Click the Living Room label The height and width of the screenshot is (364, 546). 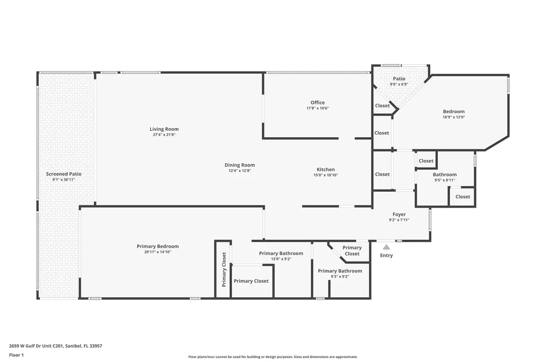click(164, 129)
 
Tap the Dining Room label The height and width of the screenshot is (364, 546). click(239, 165)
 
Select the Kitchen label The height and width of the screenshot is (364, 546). click(326, 170)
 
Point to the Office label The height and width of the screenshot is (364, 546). click(317, 102)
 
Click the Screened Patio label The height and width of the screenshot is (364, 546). click(63, 174)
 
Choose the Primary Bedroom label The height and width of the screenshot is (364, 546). click(157, 247)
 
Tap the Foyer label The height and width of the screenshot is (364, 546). click(399, 215)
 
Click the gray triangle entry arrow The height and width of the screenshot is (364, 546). click(386, 247)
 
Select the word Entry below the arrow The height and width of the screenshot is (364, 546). click(386, 256)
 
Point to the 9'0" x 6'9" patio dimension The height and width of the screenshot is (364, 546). click(399, 84)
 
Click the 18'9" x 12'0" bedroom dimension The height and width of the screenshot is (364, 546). click(454, 117)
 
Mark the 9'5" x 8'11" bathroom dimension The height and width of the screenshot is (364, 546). click(444, 180)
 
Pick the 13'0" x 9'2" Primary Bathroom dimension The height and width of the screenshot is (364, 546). click(281, 259)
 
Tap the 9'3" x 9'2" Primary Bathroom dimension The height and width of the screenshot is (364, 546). click(340, 276)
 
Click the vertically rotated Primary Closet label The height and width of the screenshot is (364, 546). click(224, 270)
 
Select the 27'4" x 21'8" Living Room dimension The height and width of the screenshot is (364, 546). click(164, 134)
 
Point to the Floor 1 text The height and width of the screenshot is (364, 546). click(17, 355)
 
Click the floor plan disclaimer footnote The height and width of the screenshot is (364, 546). click(272, 357)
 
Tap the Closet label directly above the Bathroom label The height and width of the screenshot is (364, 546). click(426, 161)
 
